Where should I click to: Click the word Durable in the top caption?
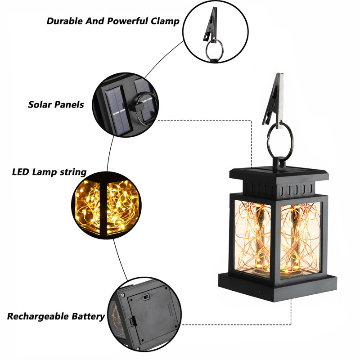(65, 21)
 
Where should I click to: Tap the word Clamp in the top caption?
(165, 22)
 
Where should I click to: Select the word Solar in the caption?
(40, 105)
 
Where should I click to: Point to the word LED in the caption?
(21, 172)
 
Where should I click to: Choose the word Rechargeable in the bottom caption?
(38, 316)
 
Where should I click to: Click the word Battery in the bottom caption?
(88, 316)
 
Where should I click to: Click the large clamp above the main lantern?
(273, 101)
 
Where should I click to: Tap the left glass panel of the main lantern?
(253, 239)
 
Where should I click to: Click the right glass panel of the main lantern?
(300, 239)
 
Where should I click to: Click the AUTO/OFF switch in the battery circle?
(145, 297)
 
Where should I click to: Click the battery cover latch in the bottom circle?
(132, 321)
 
